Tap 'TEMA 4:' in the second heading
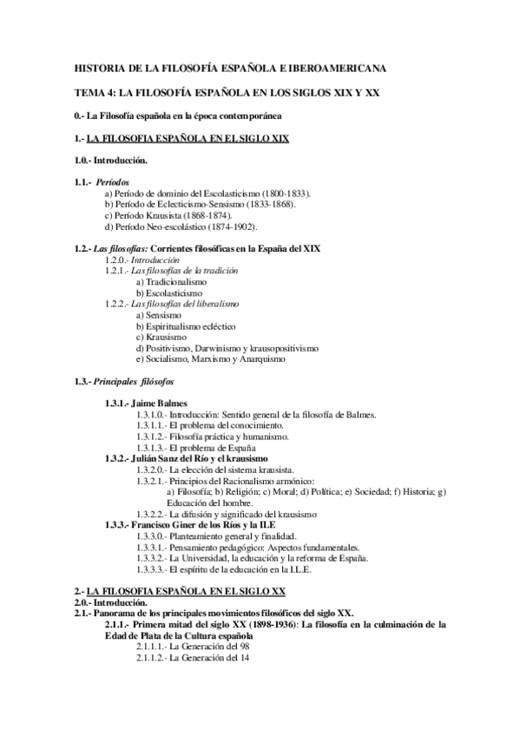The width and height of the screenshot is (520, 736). pyautogui.click(x=91, y=91)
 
